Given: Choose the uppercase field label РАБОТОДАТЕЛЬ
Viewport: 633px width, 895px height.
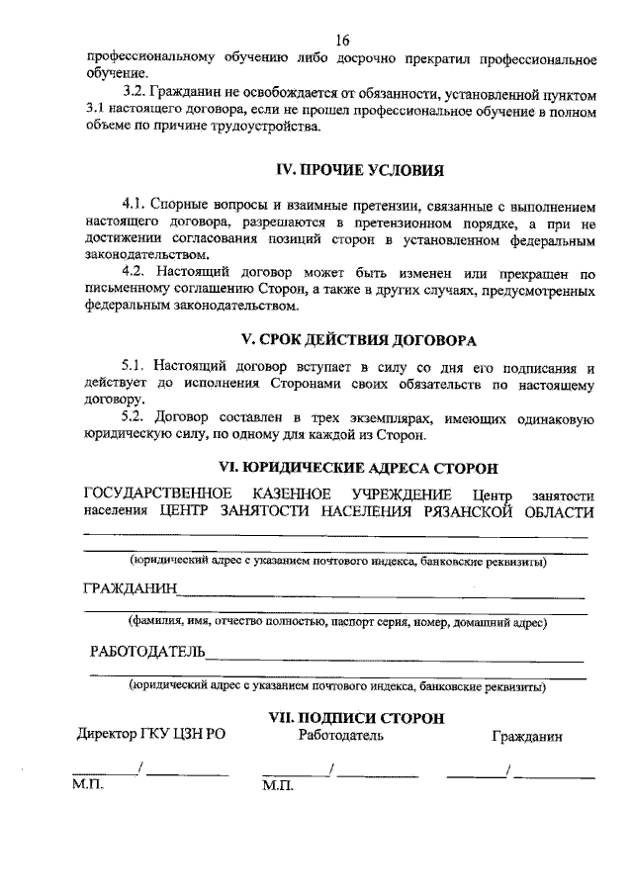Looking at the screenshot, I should pyautogui.click(x=146, y=652).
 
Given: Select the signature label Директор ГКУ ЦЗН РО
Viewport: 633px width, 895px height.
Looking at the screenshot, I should pyautogui.click(x=145, y=736).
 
